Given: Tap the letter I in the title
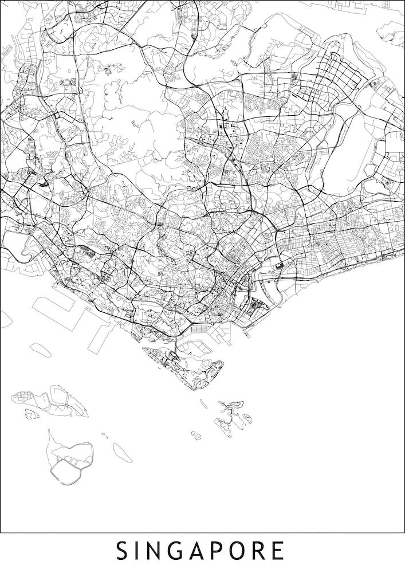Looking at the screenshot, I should (x=140, y=551).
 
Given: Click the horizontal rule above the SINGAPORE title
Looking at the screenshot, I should (x=202, y=533).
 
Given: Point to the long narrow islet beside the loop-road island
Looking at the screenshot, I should (x=122, y=452).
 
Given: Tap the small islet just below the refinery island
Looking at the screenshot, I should (x=32, y=413).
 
